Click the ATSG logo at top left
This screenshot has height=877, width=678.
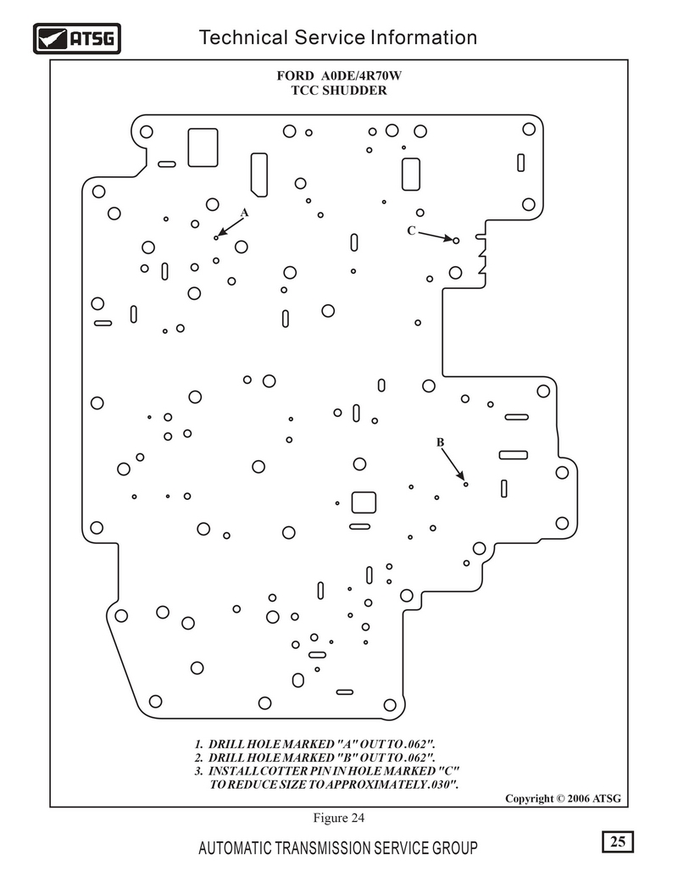(x=76, y=39)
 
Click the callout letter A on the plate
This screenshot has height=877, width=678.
(x=244, y=213)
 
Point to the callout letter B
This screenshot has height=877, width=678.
(x=440, y=442)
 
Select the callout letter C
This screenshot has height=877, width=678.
(x=411, y=230)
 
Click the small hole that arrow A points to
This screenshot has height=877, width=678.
(x=216, y=238)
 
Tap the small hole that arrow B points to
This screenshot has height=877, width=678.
(x=465, y=485)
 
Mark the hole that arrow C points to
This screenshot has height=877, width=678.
(x=457, y=241)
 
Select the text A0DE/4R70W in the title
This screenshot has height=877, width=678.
(x=361, y=75)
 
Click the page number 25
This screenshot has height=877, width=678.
(x=618, y=841)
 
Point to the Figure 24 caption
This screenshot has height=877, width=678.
(x=338, y=818)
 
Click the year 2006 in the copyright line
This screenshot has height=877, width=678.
(x=579, y=798)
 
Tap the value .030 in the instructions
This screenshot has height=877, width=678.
(x=441, y=784)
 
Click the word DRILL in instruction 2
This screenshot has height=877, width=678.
(x=226, y=758)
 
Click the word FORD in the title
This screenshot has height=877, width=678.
(x=295, y=75)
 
